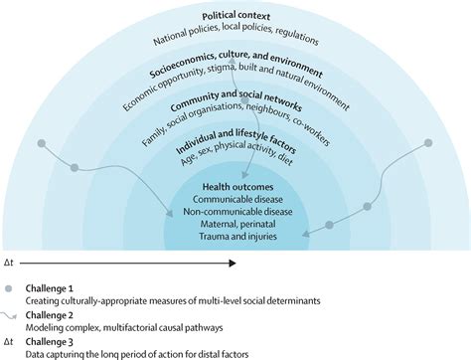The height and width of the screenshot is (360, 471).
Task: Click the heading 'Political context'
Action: tap(235, 17)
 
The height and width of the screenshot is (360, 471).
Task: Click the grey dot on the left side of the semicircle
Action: tap(41, 144)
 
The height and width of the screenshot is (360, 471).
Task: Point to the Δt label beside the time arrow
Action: tap(10, 264)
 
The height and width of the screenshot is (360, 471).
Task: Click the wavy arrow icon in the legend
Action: tap(11, 315)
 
